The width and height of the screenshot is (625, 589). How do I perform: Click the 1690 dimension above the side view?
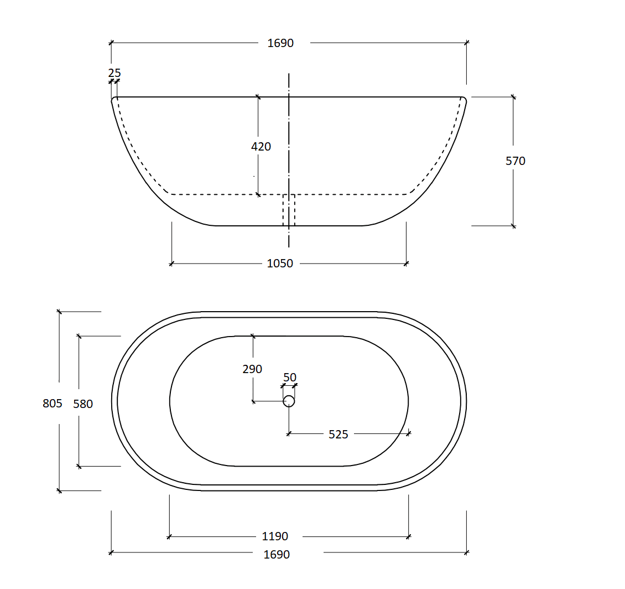tap(280, 43)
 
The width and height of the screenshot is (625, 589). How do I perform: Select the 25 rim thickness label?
tap(114, 73)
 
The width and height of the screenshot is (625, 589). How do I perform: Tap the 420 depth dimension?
tap(261, 147)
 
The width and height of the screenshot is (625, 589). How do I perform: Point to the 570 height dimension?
tap(515, 161)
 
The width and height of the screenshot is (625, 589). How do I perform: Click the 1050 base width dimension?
tap(280, 263)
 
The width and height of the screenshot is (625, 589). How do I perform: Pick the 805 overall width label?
tap(53, 404)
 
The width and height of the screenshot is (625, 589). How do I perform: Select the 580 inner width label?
tap(83, 404)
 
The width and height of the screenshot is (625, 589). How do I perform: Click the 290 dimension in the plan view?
tap(252, 369)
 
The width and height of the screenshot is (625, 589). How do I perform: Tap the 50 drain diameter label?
tap(290, 378)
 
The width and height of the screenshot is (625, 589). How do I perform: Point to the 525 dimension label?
tap(338, 435)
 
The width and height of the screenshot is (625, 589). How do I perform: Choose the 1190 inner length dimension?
tap(275, 536)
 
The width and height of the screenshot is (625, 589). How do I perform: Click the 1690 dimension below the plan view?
tap(277, 554)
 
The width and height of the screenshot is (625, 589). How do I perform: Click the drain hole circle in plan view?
tap(289, 401)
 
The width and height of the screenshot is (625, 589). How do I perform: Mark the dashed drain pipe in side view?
tap(289, 210)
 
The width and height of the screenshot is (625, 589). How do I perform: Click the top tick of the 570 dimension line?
tap(513, 97)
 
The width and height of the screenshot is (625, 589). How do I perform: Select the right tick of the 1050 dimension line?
tap(407, 263)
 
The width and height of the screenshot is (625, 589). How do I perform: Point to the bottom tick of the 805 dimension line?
tap(59, 490)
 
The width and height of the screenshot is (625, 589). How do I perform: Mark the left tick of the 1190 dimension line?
tap(169, 536)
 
